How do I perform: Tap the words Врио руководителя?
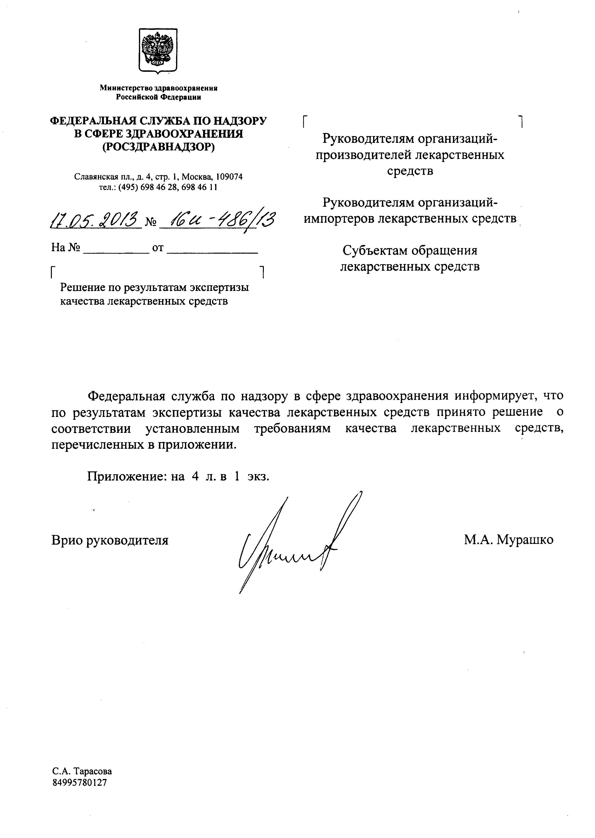pos(110,540)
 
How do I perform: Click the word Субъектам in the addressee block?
pos(375,251)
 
